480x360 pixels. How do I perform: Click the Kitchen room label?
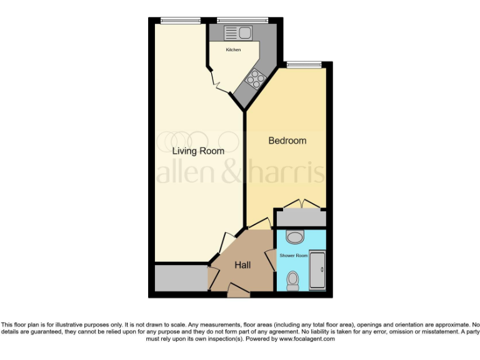pos(233,49)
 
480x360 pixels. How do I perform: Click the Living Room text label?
pos(198,151)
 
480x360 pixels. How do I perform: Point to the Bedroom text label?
pos(287,141)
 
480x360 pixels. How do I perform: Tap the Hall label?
pos(242,265)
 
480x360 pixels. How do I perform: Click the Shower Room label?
pos(293,256)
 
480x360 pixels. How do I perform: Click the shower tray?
pos(317,269)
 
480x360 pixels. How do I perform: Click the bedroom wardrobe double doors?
pos(302,204)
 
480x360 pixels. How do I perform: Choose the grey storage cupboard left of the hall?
pos(181,278)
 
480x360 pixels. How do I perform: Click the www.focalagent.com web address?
pos(307,339)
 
